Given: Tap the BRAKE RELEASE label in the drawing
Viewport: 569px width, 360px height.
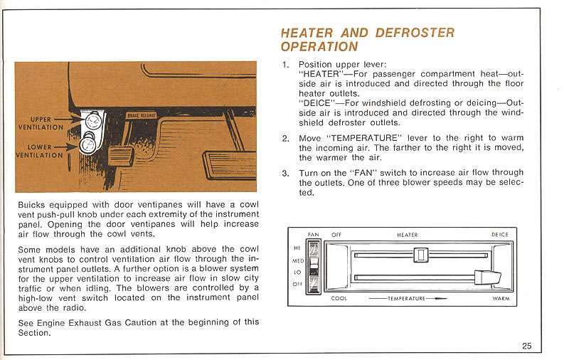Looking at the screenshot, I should point(142,115).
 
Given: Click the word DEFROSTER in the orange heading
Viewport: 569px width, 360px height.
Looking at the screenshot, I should point(414,33).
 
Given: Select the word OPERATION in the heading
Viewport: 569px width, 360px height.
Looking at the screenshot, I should point(319,47).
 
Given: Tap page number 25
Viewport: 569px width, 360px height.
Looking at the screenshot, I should point(526,346).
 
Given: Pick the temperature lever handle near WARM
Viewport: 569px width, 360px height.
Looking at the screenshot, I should point(485,276).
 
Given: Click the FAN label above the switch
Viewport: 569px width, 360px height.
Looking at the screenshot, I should point(313,235).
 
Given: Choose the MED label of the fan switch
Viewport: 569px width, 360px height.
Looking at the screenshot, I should point(298,260).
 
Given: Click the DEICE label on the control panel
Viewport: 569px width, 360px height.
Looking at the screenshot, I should point(499,235).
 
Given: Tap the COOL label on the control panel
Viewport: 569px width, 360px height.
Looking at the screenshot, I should point(339,299).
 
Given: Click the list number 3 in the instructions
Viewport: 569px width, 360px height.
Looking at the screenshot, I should point(285,173).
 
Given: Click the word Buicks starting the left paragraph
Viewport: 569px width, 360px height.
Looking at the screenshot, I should point(32,205).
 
